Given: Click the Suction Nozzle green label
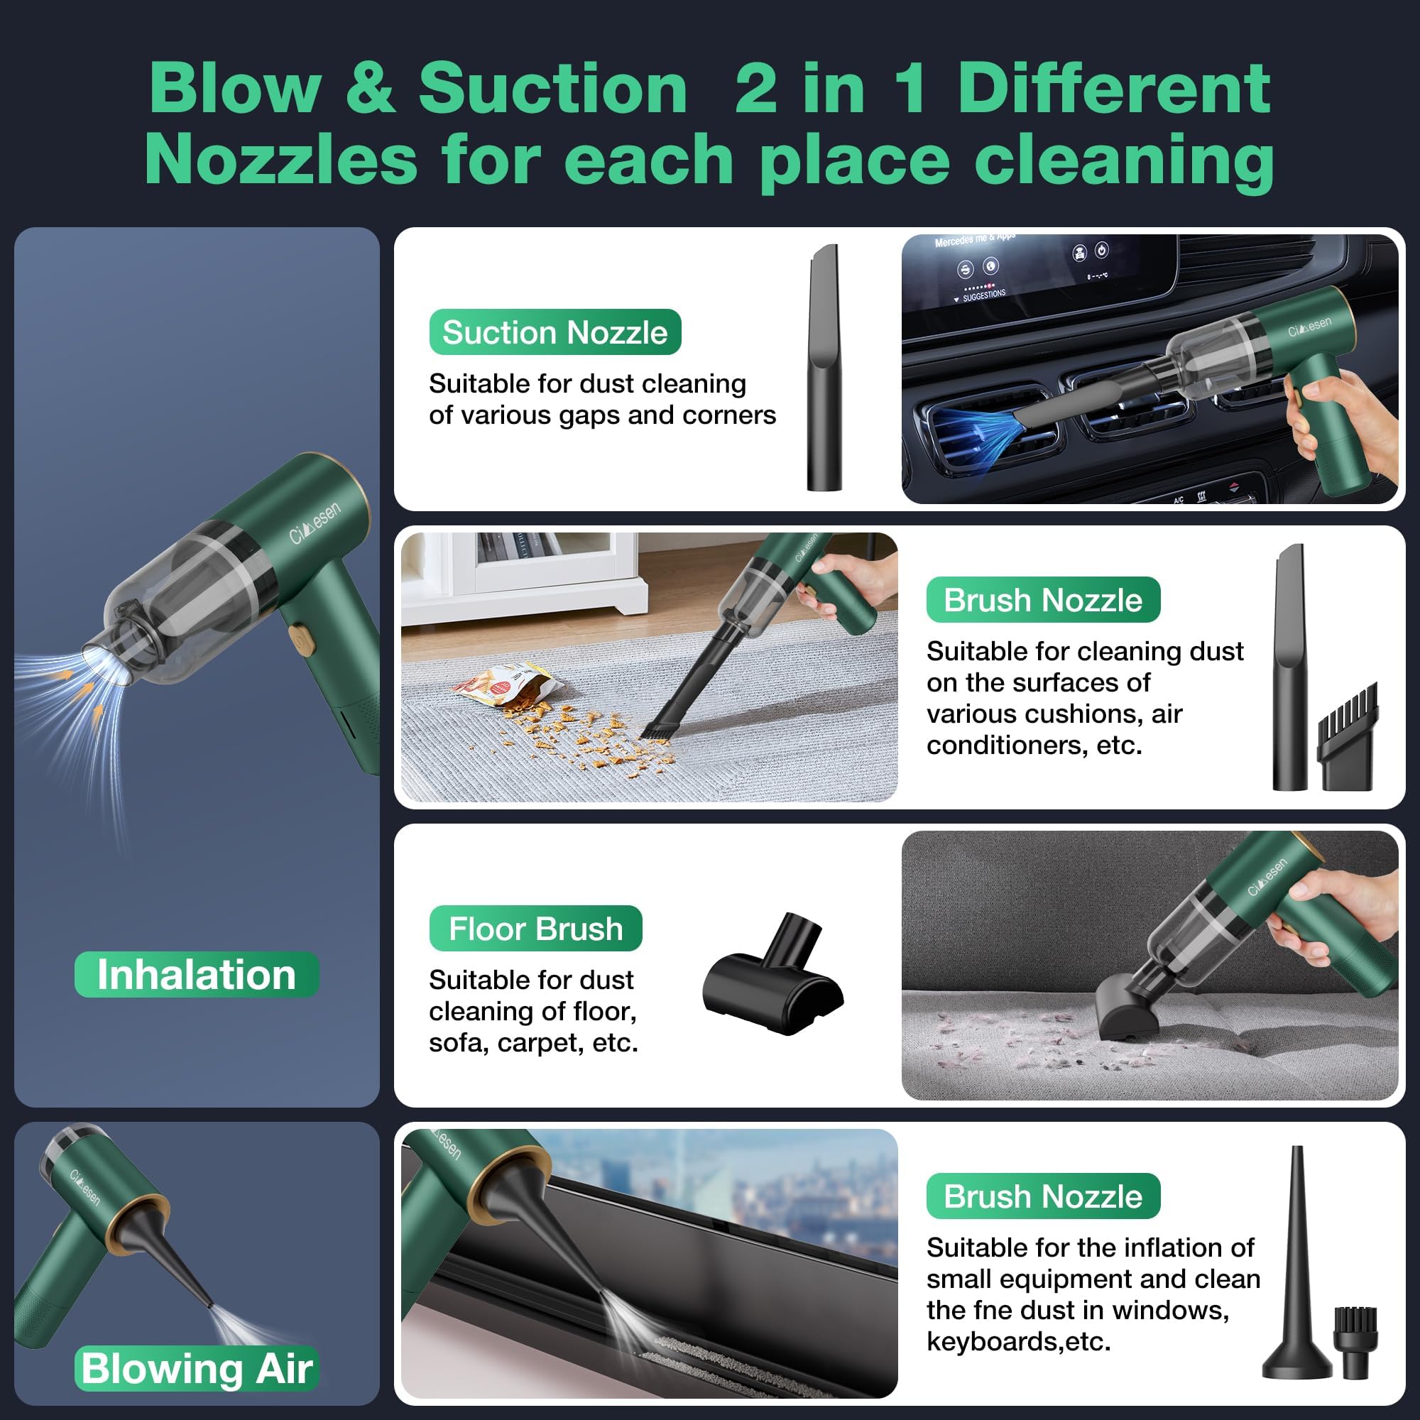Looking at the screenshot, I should coord(555,332).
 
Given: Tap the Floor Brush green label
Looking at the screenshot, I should coord(535,928).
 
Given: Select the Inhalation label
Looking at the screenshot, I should coord(196,975).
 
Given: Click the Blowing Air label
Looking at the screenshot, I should coord(196,1369).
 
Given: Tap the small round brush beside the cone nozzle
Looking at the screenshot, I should coord(1356,1342).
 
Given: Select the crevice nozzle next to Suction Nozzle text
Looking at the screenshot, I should coord(824,368).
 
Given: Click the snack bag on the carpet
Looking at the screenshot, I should coord(507,684).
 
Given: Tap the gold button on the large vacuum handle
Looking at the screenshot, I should coord(301,638).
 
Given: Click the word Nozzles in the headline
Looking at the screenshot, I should coord(280,160).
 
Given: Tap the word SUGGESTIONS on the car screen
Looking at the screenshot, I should coord(984,295).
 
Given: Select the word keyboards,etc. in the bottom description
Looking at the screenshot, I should coord(1018,1342).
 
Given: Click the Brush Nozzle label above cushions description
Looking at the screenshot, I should coord(1042,600).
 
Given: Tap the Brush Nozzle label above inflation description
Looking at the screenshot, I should coord(1042,1196).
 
